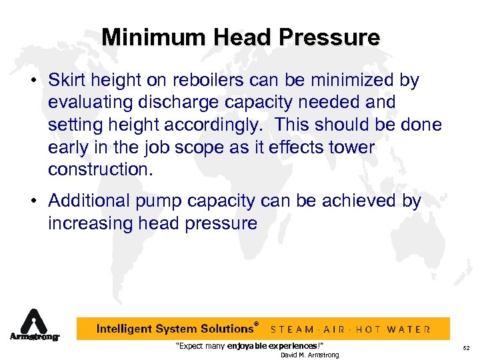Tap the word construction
click(x=101, y=169)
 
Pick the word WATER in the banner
click(x=409, y=329)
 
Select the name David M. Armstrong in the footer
click(x=309, y=355)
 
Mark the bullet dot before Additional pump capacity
click(x=39, y=201)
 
